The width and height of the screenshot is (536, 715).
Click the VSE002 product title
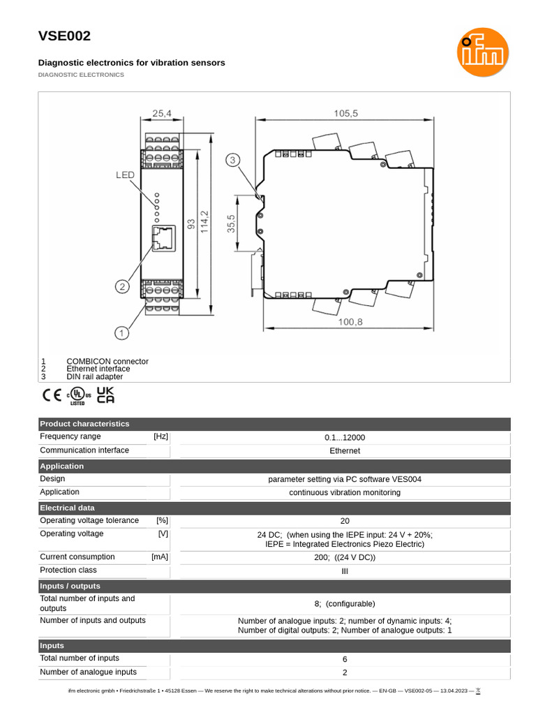pyautogui.click(x=64, y=36)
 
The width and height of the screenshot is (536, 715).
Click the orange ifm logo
pyautogui.click(x=483, y=52)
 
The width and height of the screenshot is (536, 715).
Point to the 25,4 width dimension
pyautogui.click(x=161, y=112)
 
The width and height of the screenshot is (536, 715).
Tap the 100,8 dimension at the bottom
pyautogui.click(x=350, y=322)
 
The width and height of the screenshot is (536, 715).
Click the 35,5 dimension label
pyautogui.click(x=230, y=223)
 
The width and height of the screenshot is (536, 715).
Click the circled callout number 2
pyautogui.click(x=121, y=286)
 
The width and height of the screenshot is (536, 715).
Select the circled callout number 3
pyautogui.click(x=233, y=161)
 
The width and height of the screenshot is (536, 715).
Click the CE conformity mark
pyautogui.click(x=52, y=395)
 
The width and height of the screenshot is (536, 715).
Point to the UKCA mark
pyautogui.click(x=105, y=395)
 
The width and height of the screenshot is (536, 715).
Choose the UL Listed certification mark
pyautogui.click(x=77, y=396)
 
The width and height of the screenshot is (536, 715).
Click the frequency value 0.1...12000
pyautogui.click(x=345, y=438)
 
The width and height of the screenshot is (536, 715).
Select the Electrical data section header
pyautogui.click(x=67, y=508)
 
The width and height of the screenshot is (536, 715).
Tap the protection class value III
pyautogui.click(x=345, y=571)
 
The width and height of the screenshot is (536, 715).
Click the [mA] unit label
pyautogui.click(x=160, y=556)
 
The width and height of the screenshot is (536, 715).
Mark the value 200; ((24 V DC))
pyautogui.click(x=345, y=557)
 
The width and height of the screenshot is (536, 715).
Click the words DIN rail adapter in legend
pyautogui.click(x=95, y=376)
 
